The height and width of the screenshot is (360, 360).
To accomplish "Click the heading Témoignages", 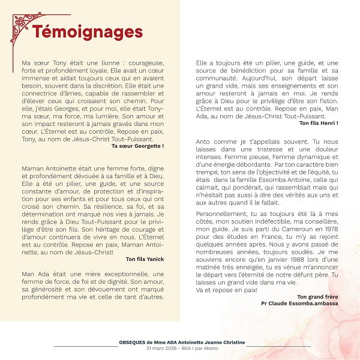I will pos(87,31).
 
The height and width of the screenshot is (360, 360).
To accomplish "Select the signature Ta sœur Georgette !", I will pos(137,146).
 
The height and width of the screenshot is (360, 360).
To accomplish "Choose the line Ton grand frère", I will pos(317,296).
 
